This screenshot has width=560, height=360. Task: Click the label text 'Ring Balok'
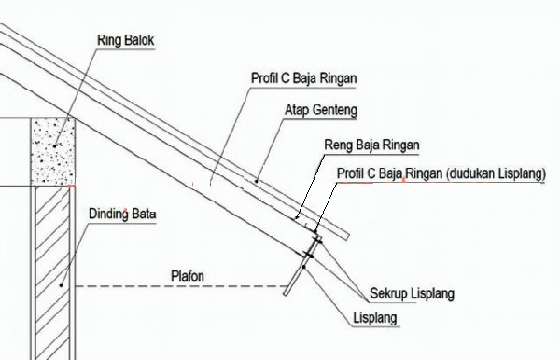[125, 40]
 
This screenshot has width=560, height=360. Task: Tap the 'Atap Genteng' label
[317, 109]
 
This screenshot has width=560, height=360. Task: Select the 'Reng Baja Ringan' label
[371, 145]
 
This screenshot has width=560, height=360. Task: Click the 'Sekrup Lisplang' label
[412, 294]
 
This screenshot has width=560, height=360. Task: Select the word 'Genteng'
[333, 109]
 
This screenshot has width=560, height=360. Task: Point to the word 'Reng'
[337, 145]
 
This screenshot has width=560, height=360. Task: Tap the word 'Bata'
[145, 215]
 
